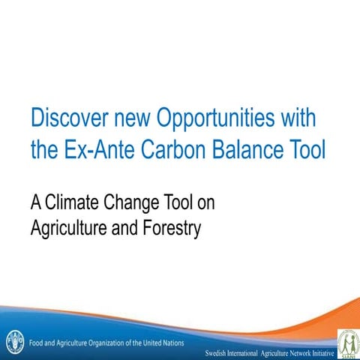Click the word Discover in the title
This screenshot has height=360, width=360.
(x=66, y=119)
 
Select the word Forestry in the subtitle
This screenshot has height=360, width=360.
(x=171, y=228)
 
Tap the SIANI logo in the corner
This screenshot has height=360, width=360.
(x=347, y=343)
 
